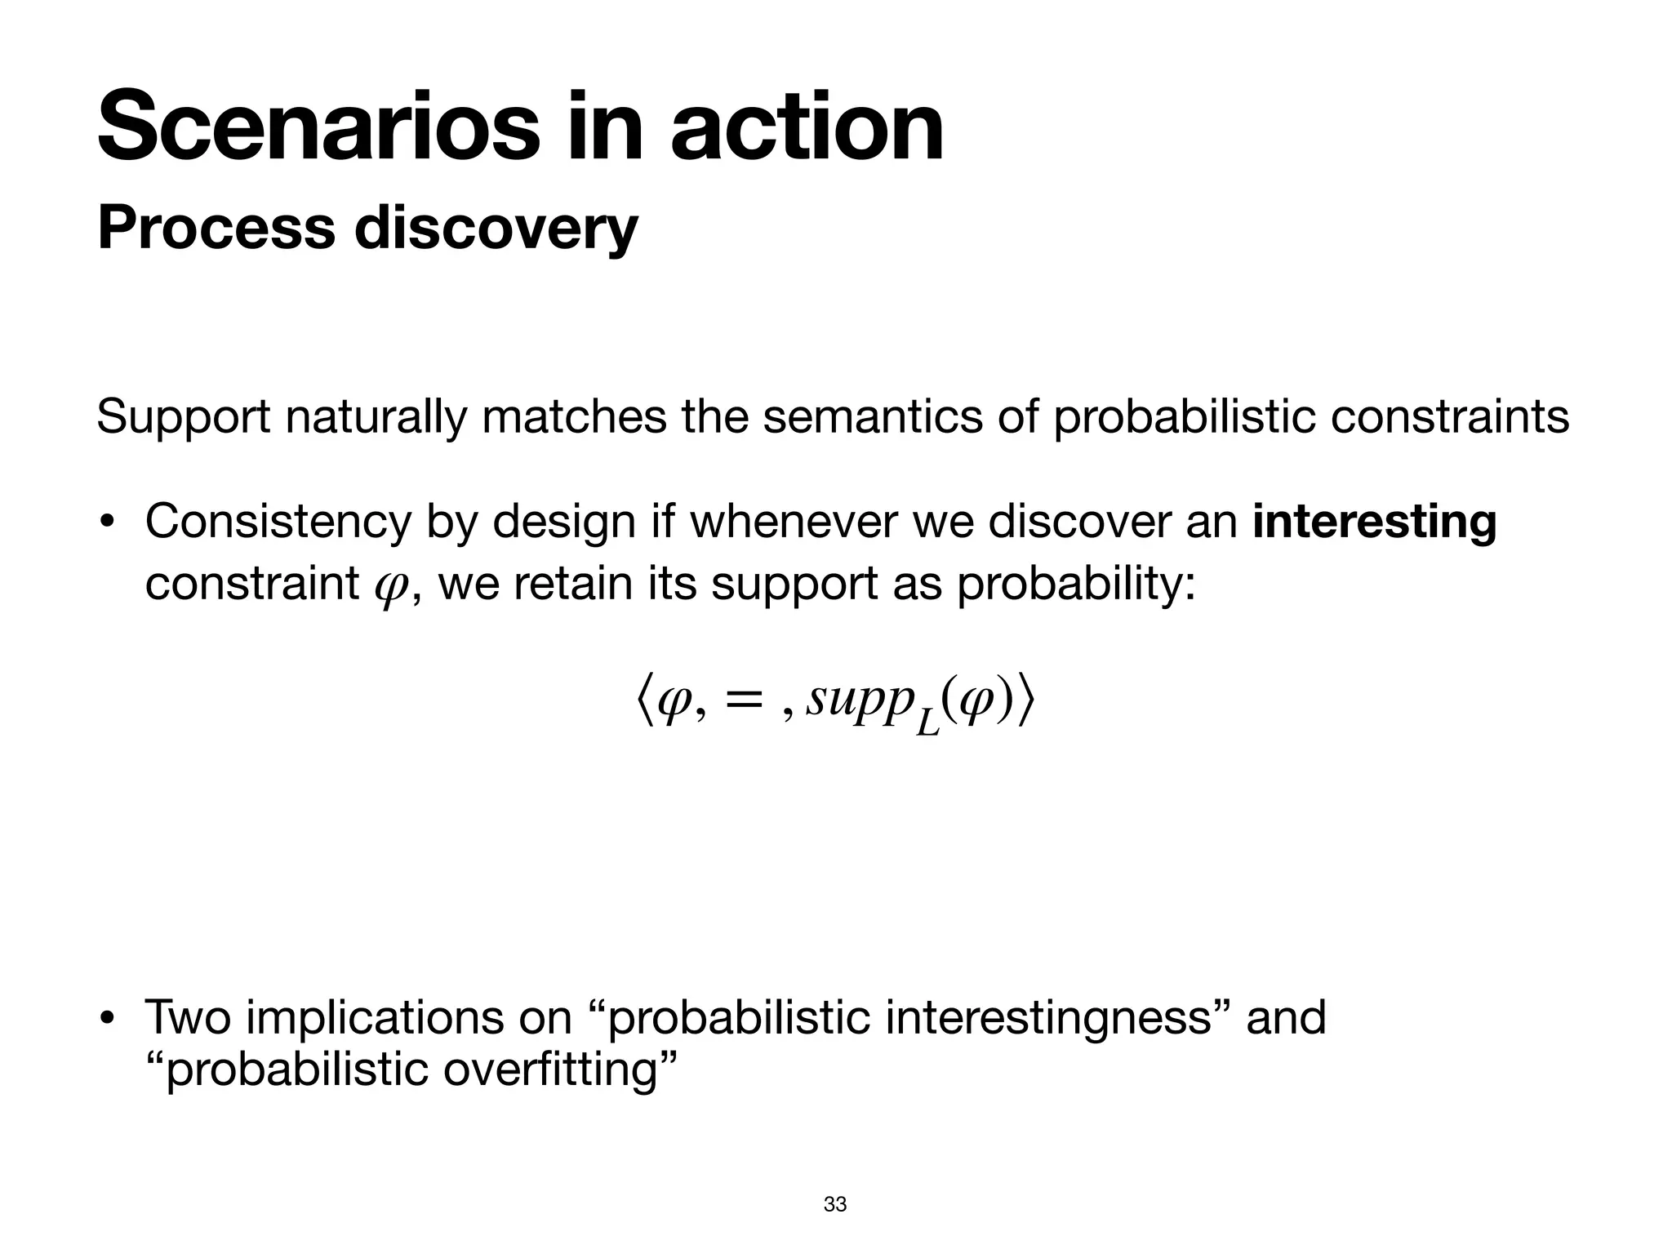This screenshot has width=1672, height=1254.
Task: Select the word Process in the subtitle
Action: (x=216, y=229)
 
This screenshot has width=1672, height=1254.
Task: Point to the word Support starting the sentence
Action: (x=183, y=417)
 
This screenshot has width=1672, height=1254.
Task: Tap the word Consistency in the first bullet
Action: (x=278, y=522)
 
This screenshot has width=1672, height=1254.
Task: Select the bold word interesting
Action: (x=1374, y=522)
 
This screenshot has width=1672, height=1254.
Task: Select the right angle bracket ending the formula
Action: (x=1026, y=700)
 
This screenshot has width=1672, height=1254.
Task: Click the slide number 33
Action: (x=835, y=1204)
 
